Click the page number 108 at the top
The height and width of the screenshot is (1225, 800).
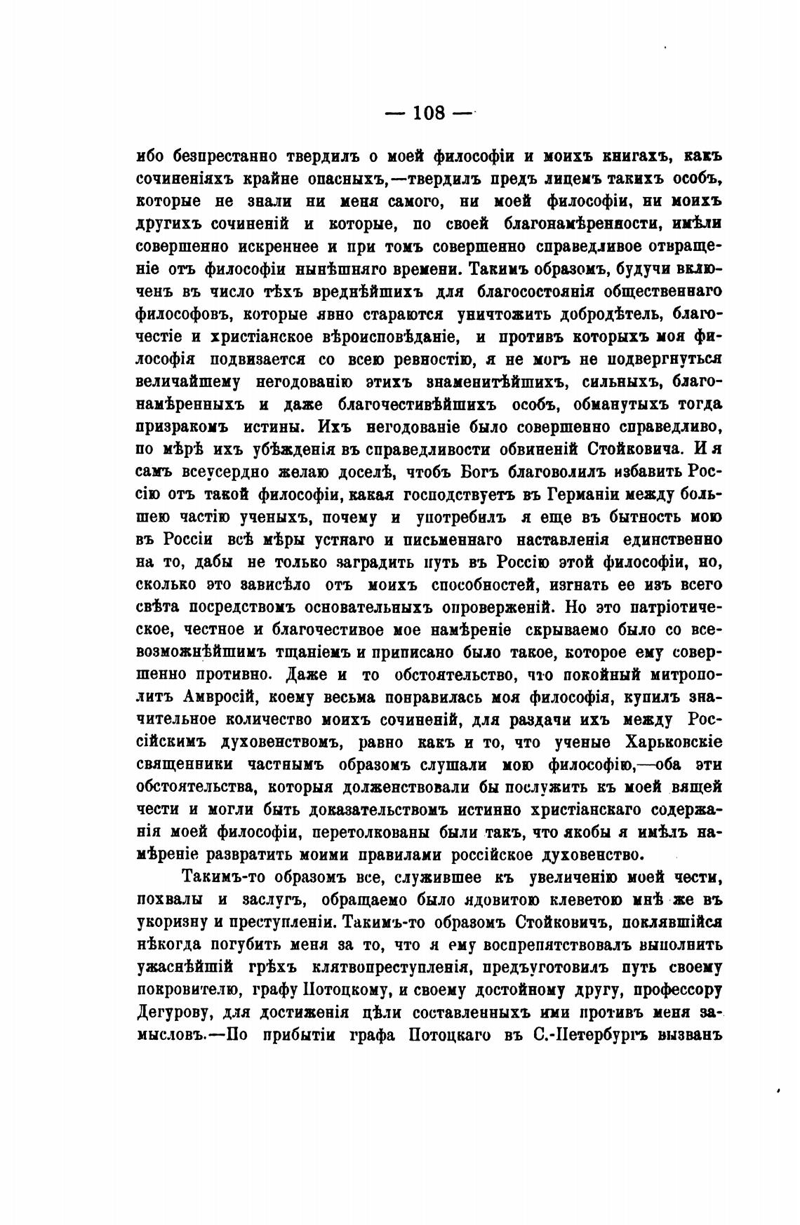429,113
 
